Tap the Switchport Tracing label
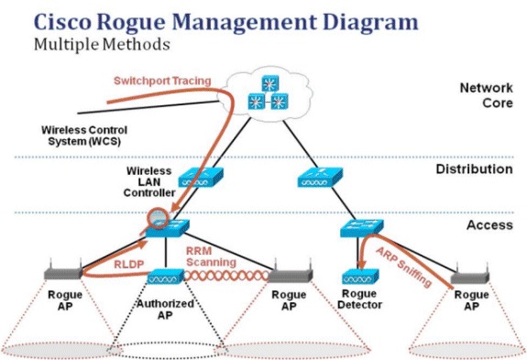pos(161,81)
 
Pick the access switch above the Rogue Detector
pos(359,229)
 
